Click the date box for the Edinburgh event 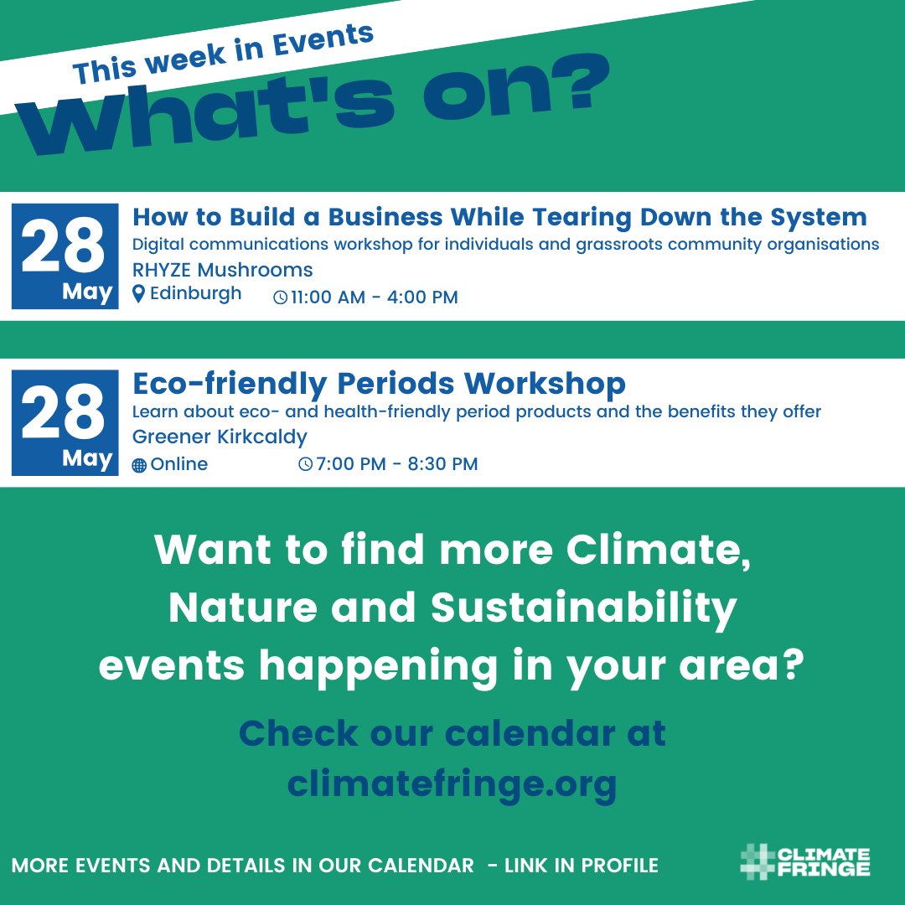tap(65, 256)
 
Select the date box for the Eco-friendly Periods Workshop tap(65, 422)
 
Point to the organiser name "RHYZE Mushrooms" tap(223, 270)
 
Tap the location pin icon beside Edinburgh tap(139, 294)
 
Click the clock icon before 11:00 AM tap(281, 297)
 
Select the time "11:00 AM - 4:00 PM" tap(375, 297)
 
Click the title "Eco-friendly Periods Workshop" tap(379, 384)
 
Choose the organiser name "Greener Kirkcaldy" tap(220, 437)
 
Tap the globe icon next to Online tap(139, 465)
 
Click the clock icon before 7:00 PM tap(306, 464)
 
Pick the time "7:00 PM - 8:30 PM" tap(396, 463)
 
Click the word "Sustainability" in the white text tap(583, 608)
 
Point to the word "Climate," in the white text tap(658, 551)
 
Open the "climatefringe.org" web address tap(452, 784)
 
